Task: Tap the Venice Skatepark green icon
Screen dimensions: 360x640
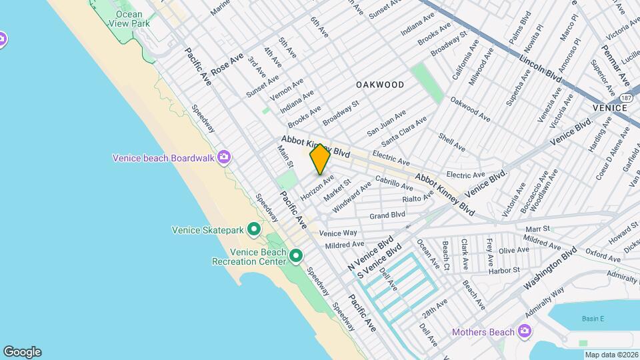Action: (253, 230)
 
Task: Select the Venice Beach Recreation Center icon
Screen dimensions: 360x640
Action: (296, 256)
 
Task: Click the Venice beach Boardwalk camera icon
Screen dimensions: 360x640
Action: (224, 157)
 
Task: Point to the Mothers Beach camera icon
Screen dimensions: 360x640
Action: (525, 331)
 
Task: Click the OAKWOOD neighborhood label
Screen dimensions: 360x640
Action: (379, 85)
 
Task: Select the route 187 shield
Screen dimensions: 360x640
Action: (623, 97)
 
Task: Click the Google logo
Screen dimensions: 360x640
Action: (21, 351)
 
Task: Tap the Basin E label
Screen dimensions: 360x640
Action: (592, 319)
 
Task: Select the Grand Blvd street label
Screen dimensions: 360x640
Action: (387, 215)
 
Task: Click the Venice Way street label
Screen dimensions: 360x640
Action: (338, 233)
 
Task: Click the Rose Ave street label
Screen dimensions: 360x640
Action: (227, 65)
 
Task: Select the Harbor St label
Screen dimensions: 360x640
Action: (503, 270)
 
